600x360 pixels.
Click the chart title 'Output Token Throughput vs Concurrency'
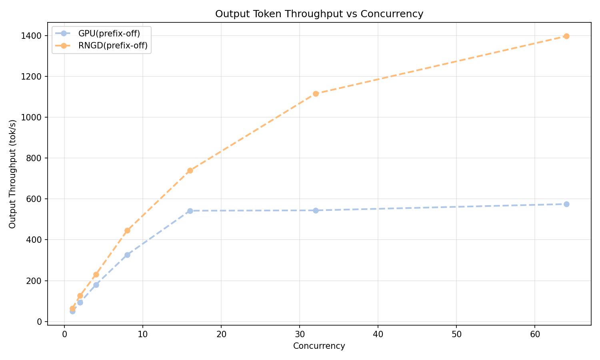pyautogui.click(x=319, y=14)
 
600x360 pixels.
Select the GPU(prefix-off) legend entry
pyautogui.click(x=109, y=33)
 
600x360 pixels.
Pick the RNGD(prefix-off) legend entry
pyautogui.click(x=113, y=46)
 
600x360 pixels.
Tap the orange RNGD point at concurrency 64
pyautogui.click(x=566, y=36)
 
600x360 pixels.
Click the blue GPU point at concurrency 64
pyautogui.click(x=566, y=204)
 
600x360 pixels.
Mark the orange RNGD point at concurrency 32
pyautogui.click(x=316, y=94)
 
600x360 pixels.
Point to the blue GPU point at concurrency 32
pyautogui.click(x=316, y=210)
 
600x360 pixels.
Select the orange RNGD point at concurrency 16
pyautogui.click(x=190, y=170)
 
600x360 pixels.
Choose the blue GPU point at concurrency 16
pyautogui.click(x=190, y=211)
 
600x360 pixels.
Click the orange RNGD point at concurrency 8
pyautogui.click(x=127, y=230)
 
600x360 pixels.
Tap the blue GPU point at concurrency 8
pyautogui.click(x=127, y=255)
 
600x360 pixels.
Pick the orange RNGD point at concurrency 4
pyautogui.click(x=96, y=274)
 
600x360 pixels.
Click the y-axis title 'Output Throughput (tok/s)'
pyautogui.click(x=12, y=174)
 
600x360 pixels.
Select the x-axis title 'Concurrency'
pyautogui.click(x=319, y=346)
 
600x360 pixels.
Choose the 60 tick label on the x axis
pyautogui.click(x=535, y=334)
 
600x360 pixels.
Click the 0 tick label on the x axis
pyautogui.click(x=64, y=334)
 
